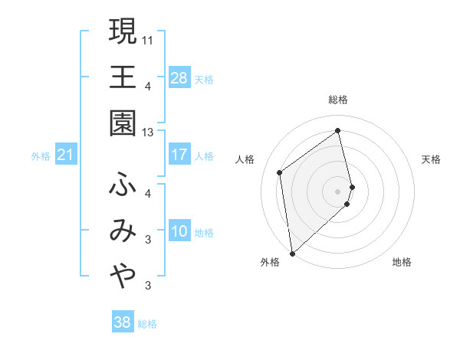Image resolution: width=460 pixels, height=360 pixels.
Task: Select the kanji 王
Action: point(123,77)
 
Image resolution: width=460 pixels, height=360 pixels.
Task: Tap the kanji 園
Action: point(123,123)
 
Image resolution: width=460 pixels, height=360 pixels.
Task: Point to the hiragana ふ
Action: point(123,185)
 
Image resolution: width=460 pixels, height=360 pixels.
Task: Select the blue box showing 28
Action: point(179,78)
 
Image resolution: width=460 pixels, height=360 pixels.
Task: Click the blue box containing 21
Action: point(66,156)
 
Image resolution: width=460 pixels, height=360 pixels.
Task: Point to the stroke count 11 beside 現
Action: point(149,39)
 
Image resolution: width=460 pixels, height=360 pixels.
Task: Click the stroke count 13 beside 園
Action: point(149,133)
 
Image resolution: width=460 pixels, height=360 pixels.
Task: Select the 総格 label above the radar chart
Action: point(338,100)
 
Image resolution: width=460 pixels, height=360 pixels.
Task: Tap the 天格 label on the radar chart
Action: point(431,159)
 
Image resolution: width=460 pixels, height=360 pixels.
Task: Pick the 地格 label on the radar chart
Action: point(402,262)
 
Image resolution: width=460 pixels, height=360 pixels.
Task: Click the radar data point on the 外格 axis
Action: point(292,253)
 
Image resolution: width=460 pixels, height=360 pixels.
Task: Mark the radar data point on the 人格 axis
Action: point(280,172)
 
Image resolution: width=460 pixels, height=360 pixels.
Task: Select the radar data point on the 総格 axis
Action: point(338,131)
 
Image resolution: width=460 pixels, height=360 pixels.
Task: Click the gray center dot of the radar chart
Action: point(338,191)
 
